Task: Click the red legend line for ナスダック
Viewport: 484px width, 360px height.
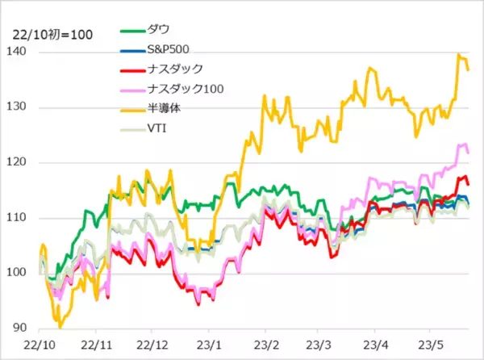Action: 131,69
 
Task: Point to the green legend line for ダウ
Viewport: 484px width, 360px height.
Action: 131,30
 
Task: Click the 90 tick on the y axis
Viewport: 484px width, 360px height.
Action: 19,329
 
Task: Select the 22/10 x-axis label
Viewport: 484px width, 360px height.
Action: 40,343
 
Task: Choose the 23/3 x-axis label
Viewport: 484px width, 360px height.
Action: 319,343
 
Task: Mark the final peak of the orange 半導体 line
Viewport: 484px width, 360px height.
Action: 459,55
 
